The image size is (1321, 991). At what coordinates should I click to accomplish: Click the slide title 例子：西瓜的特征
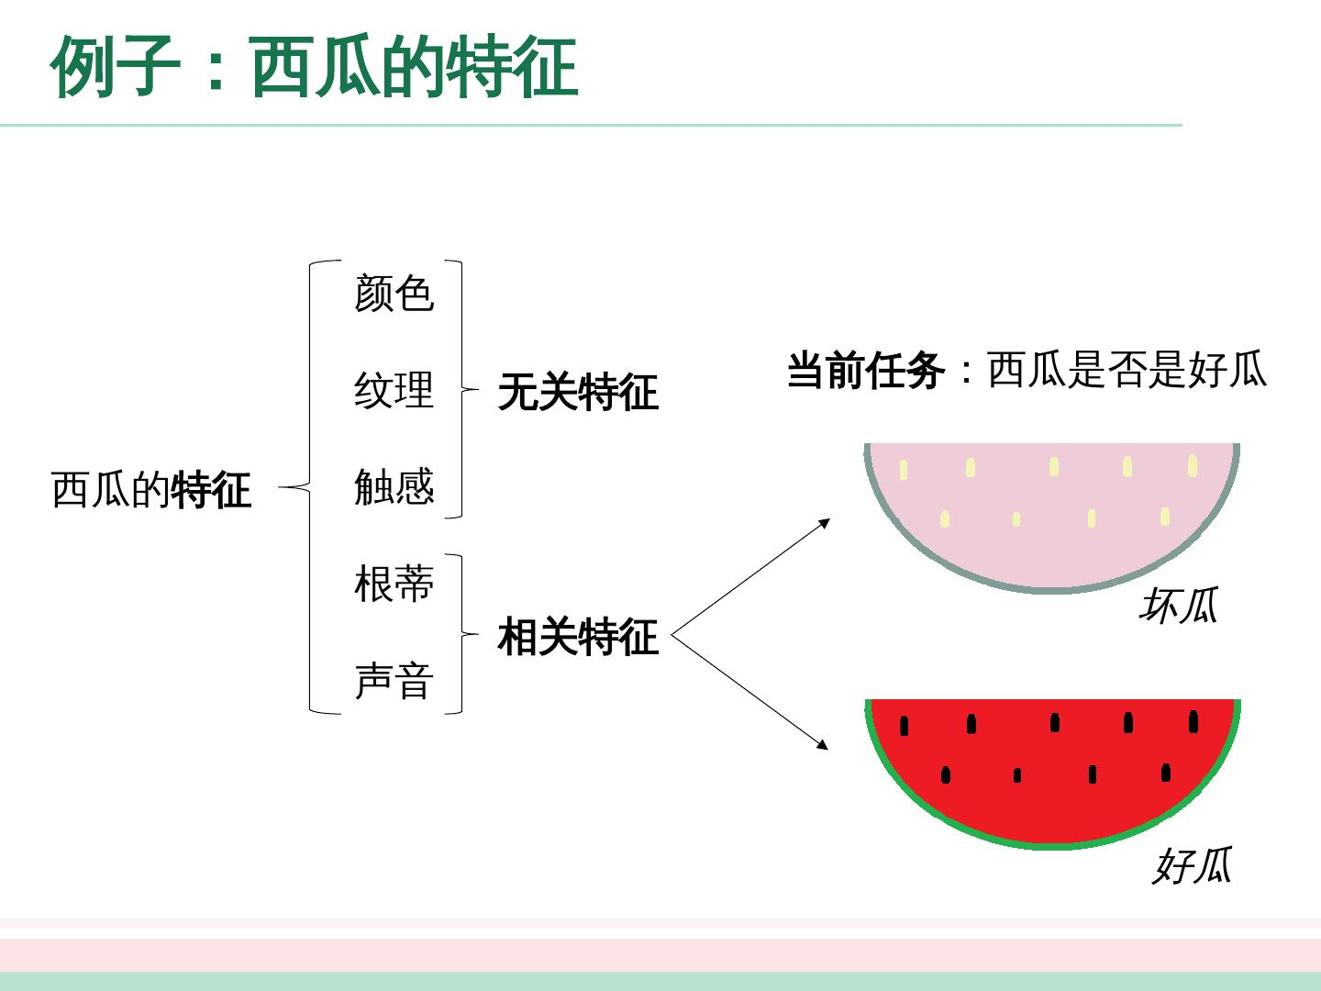(315, 66)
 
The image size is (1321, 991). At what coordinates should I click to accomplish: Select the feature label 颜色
(394, 294)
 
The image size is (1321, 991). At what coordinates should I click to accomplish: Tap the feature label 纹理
(394, 390)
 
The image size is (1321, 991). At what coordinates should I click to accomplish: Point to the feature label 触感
(394, 486)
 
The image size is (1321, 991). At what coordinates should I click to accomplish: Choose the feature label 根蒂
(394, 585)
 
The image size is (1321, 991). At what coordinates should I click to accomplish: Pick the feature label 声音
(394, 682)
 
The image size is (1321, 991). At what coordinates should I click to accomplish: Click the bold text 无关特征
(578, 393)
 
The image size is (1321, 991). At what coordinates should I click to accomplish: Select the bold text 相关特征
(578, 637)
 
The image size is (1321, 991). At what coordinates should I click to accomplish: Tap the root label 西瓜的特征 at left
(151, 489)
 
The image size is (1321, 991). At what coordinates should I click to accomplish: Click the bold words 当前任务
(865, 372)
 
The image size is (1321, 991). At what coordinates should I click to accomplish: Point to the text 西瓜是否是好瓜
(1127, 371)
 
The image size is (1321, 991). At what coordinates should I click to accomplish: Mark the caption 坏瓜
(1178, 607)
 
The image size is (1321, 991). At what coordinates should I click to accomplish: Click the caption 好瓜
(1192, 865)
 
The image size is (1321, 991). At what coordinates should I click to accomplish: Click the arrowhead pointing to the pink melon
(825, 523)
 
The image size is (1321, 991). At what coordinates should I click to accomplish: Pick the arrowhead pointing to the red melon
(823, 746)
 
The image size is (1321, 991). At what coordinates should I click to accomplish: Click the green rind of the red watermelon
(1052, 845)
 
